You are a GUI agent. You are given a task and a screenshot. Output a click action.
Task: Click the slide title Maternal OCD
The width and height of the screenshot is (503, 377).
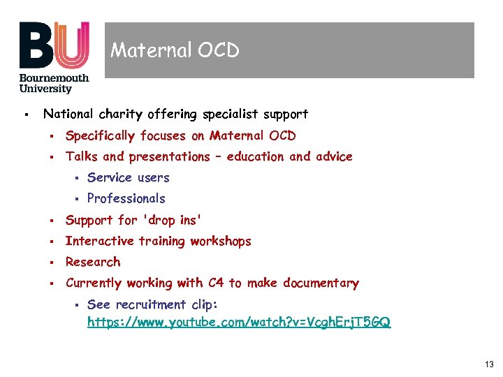point(175,50)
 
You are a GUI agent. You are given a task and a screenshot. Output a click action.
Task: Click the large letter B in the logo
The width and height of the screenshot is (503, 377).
point(36,45)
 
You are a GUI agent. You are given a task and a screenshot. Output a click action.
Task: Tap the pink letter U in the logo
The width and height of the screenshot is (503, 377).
point(72,45)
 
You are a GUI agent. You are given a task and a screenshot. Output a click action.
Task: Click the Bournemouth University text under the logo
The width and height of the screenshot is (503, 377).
point(54,83)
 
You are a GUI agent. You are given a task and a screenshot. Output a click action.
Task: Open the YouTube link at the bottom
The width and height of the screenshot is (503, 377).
point(239,322)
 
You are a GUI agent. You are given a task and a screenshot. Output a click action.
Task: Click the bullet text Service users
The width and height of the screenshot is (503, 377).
point(128,177)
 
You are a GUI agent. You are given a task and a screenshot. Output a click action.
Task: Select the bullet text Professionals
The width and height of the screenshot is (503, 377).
point(126,198)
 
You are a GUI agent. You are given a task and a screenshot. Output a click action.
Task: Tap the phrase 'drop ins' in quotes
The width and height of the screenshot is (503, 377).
point(172,220)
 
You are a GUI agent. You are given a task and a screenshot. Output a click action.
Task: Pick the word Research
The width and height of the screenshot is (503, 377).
point(93,262)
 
